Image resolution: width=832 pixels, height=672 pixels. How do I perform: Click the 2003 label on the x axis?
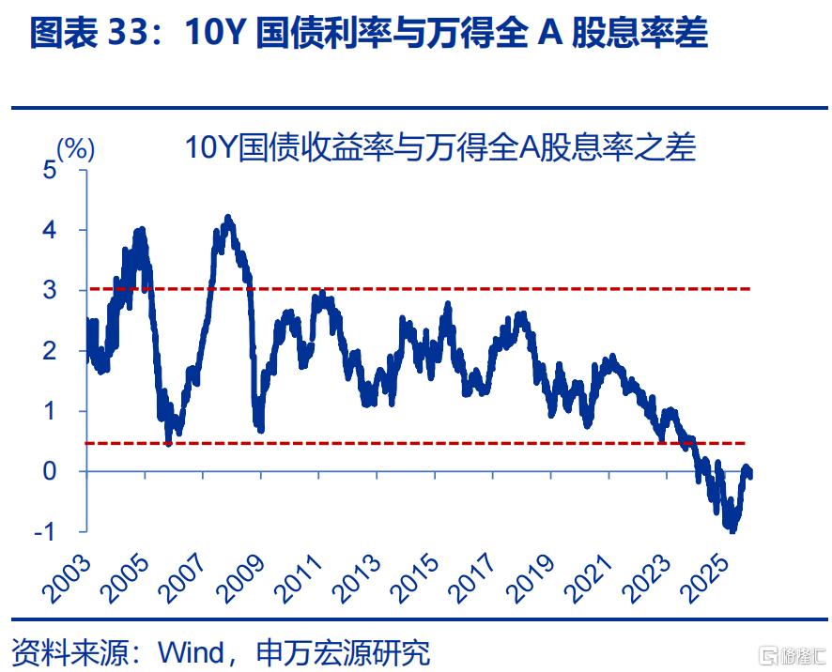[x=65, y=580]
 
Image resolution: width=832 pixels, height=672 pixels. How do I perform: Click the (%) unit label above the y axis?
[x=75, y=147]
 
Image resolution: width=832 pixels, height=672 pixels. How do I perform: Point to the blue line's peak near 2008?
[x=227, y=219]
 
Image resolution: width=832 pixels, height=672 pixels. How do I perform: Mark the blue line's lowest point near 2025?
[x=732, y=530]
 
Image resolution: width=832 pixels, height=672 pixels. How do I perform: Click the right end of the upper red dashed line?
[x=750, y=289]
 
